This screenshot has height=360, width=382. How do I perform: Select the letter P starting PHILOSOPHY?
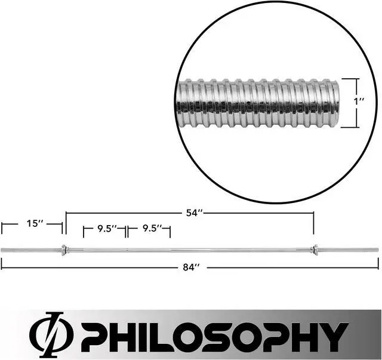[94, 334]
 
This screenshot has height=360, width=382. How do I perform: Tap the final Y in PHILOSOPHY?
[335, 334]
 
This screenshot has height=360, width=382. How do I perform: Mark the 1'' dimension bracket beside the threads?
[357, 102]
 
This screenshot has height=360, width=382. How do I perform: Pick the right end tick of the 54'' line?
[313, 223]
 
